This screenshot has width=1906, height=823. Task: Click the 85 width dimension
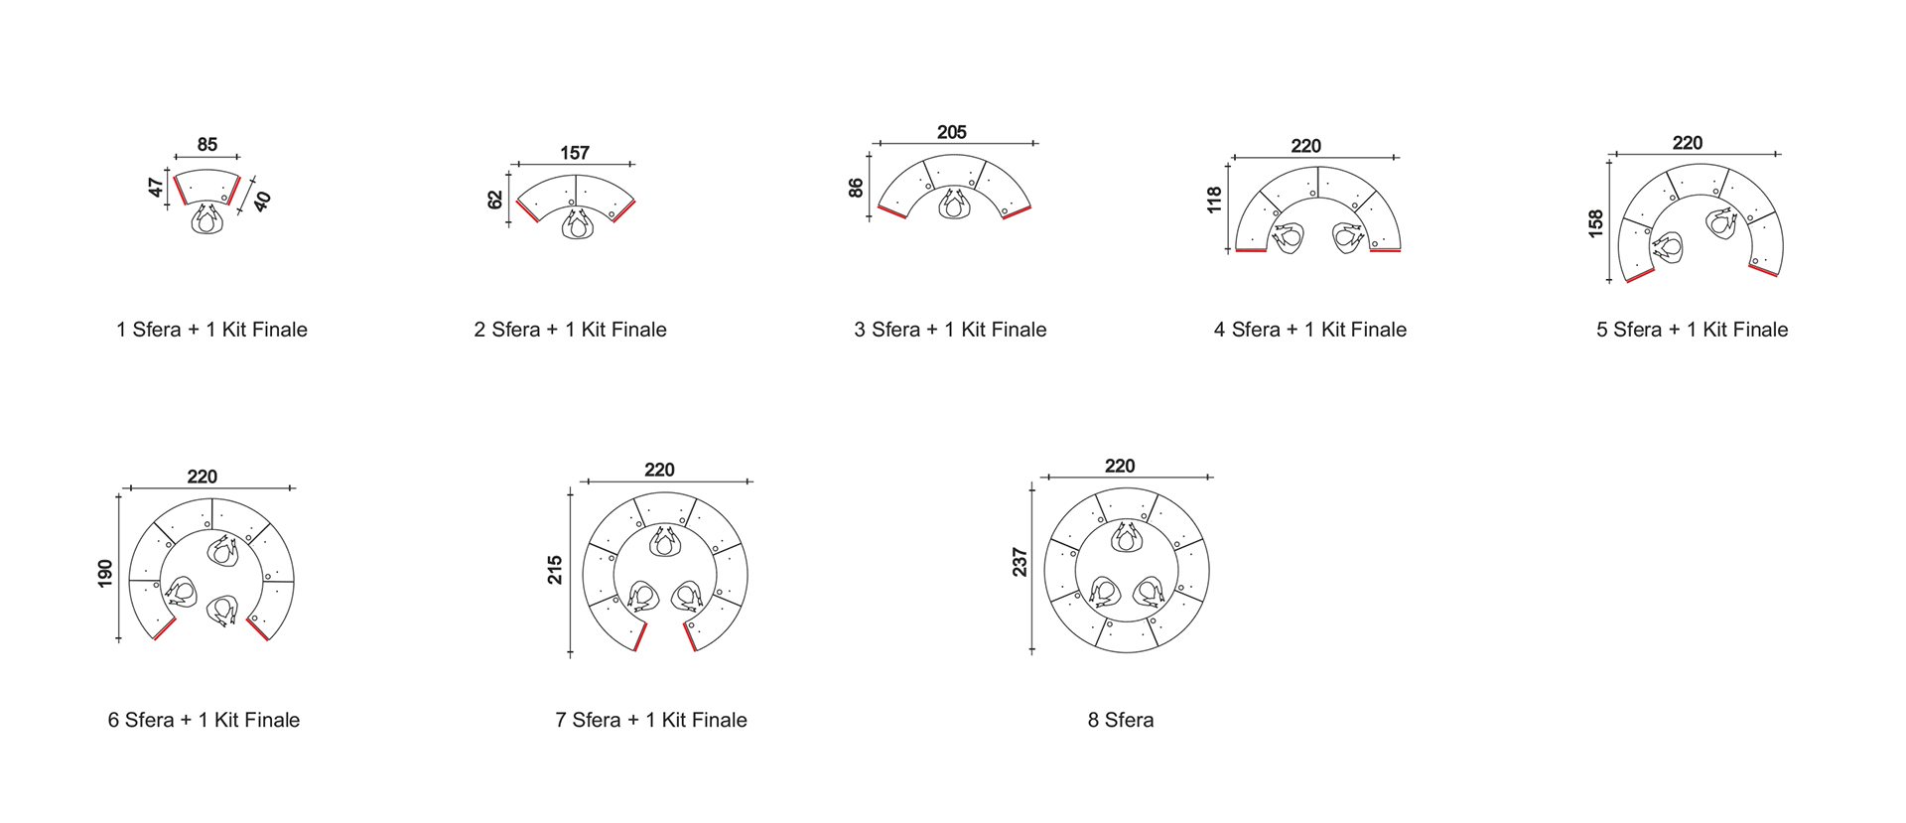coord(207,145)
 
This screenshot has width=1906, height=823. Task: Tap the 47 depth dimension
coord(156,187)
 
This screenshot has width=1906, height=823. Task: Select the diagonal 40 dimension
coord(261,202)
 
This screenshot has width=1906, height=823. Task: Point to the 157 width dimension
coord(575,153)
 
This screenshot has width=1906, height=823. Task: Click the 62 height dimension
coord(495,200)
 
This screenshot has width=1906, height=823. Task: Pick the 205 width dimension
coord(952,132)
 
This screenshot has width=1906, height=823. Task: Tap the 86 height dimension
coord(856,187)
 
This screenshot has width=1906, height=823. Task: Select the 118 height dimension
coord(1214,200)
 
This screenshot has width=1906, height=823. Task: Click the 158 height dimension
coord(1595,223)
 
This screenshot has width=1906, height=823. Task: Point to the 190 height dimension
coord(105,573)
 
